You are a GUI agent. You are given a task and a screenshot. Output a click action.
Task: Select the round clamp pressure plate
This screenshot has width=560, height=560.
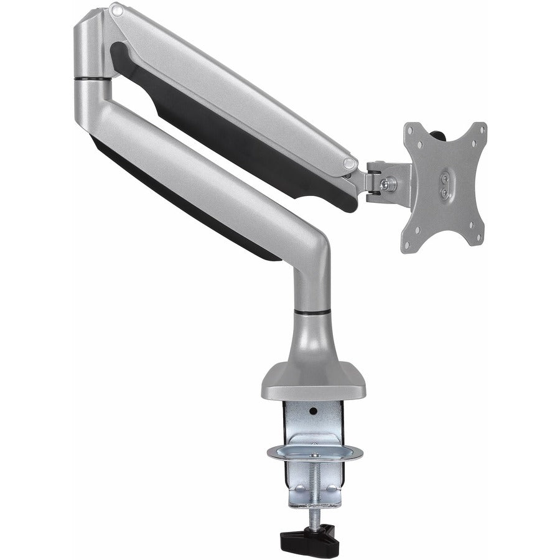pyautogui.click(x=316, y=452)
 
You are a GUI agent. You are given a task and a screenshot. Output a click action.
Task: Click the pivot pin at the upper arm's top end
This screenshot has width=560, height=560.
pyautogui.click(x=114, y=11)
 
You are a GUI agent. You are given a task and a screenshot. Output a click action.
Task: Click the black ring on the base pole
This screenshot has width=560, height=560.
pyautogui.click(x=310, y=309)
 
